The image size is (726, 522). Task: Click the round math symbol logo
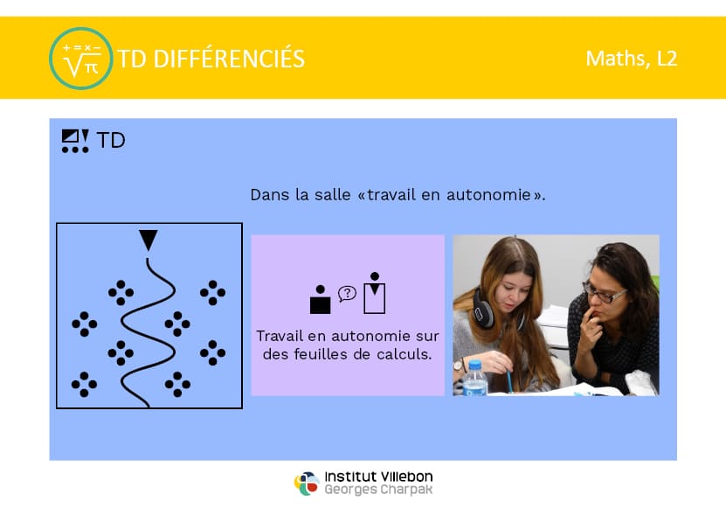point(81,59)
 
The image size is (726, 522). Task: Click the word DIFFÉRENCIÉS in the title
point(229,59)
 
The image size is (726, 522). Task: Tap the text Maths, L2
point(632,59)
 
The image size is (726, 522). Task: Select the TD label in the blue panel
point(111,141)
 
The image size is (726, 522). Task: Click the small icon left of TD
point(75,141)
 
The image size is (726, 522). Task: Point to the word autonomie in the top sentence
point(488,195)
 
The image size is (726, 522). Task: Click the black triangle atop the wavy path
point(149,240)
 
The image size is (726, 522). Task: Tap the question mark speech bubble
point(347,294)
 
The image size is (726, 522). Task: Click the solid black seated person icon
point(320,300)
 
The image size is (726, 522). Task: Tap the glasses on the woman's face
point(605,293)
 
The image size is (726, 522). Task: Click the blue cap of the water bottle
point(474,365)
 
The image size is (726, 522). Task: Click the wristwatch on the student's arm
point(459,366)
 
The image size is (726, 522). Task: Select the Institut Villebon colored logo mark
point(307,483)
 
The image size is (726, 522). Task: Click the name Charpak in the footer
point(406,490)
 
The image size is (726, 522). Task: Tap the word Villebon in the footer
point(407,477)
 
